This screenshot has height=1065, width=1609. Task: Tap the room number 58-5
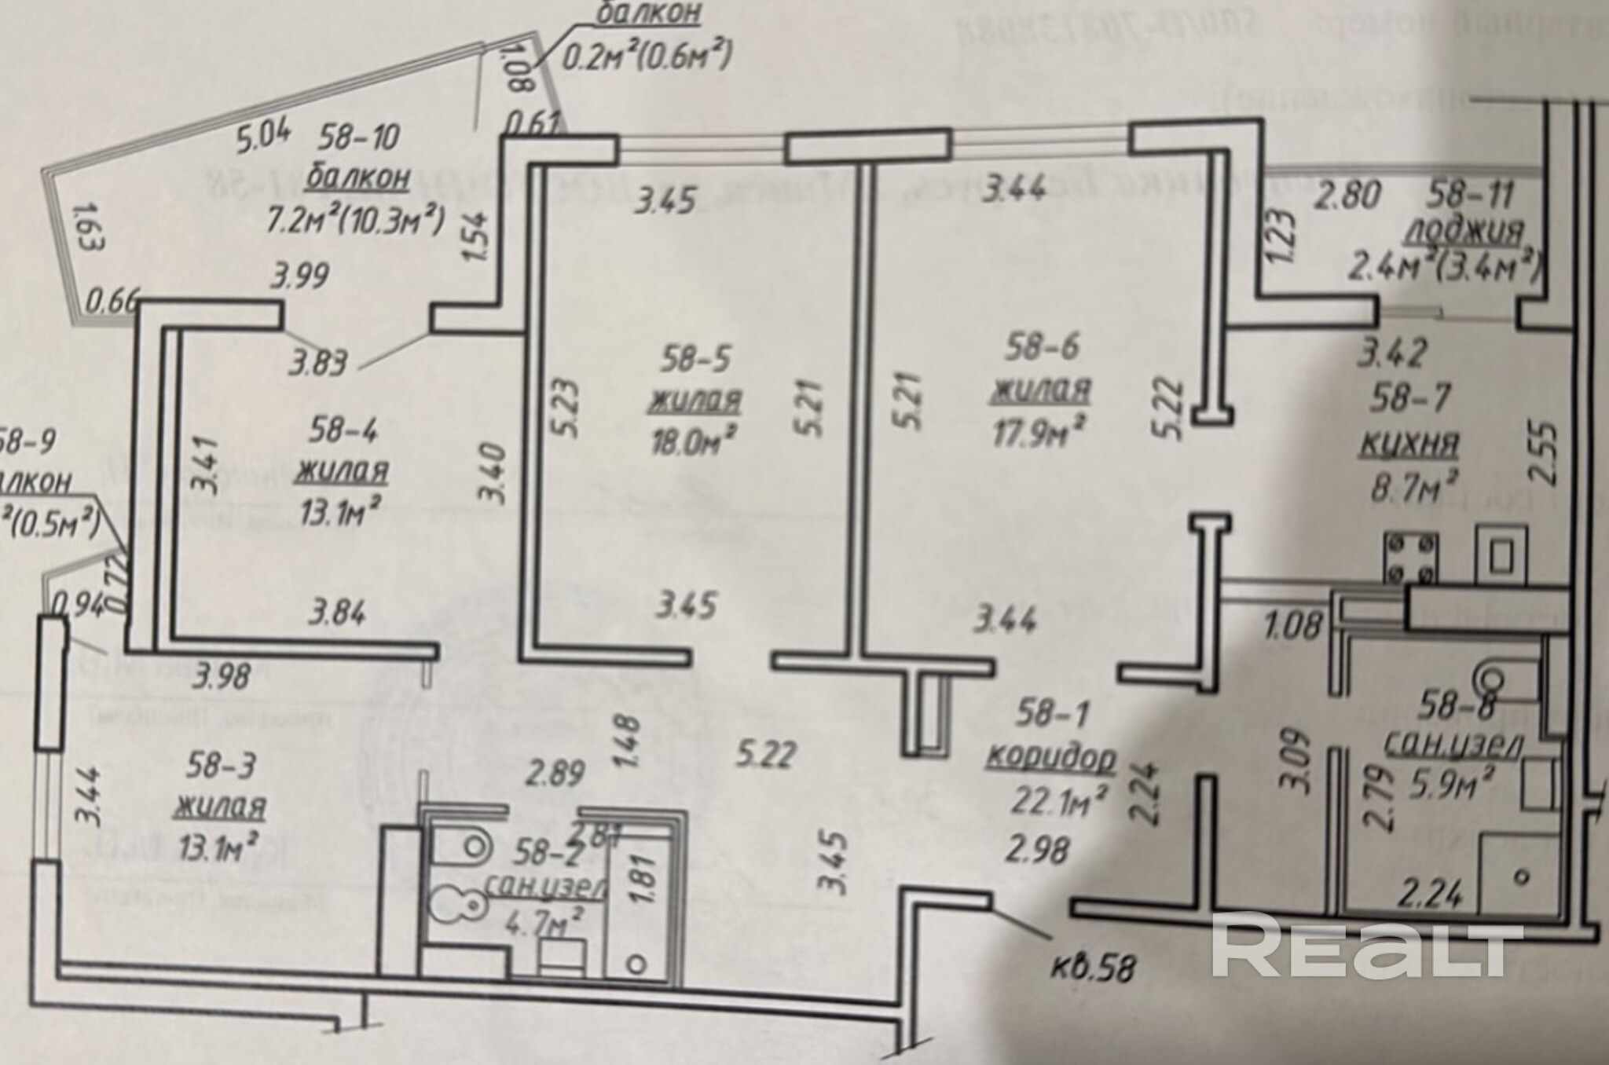pos(695,360)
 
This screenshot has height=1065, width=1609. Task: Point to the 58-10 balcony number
pos(360,138)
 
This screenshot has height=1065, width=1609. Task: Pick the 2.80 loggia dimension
pos(1348,195)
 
